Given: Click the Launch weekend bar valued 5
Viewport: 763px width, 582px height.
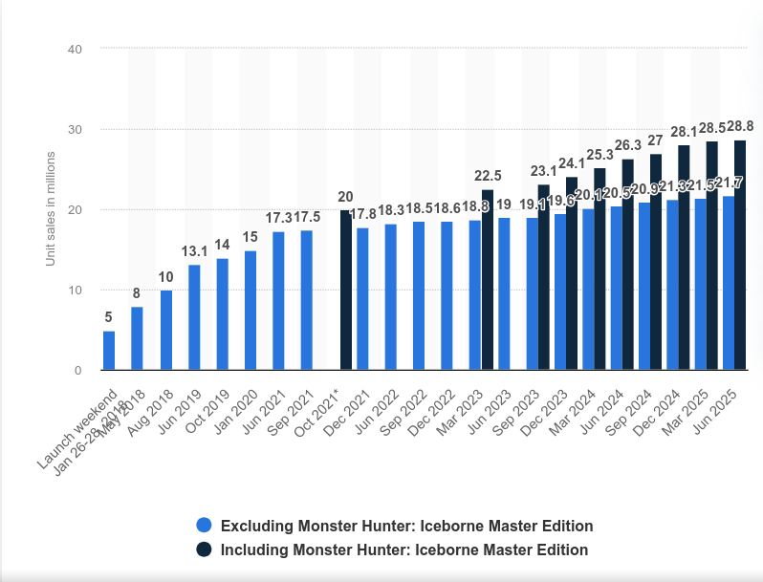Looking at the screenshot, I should click(x=109, y=351).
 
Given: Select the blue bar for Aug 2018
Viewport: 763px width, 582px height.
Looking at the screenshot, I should click(x=165, y=330).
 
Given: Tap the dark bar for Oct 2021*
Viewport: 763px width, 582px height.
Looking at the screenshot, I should click(x=346, y=290).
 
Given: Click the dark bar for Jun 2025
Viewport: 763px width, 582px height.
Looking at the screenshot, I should click(x=740, y=255).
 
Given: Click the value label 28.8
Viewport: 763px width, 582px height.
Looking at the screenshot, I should click(x=739, y=125).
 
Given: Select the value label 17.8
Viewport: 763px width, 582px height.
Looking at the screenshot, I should click(x=362, y=215).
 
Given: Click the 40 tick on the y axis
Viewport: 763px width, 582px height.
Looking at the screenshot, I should click(x=75, y=49).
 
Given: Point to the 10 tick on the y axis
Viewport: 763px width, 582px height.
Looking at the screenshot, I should click(x=75, y=291).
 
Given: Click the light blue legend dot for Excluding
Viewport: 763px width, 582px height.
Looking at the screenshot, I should click(x=204, y=526).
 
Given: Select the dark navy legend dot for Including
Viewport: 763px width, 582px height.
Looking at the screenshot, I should click(x=204, y=550).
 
